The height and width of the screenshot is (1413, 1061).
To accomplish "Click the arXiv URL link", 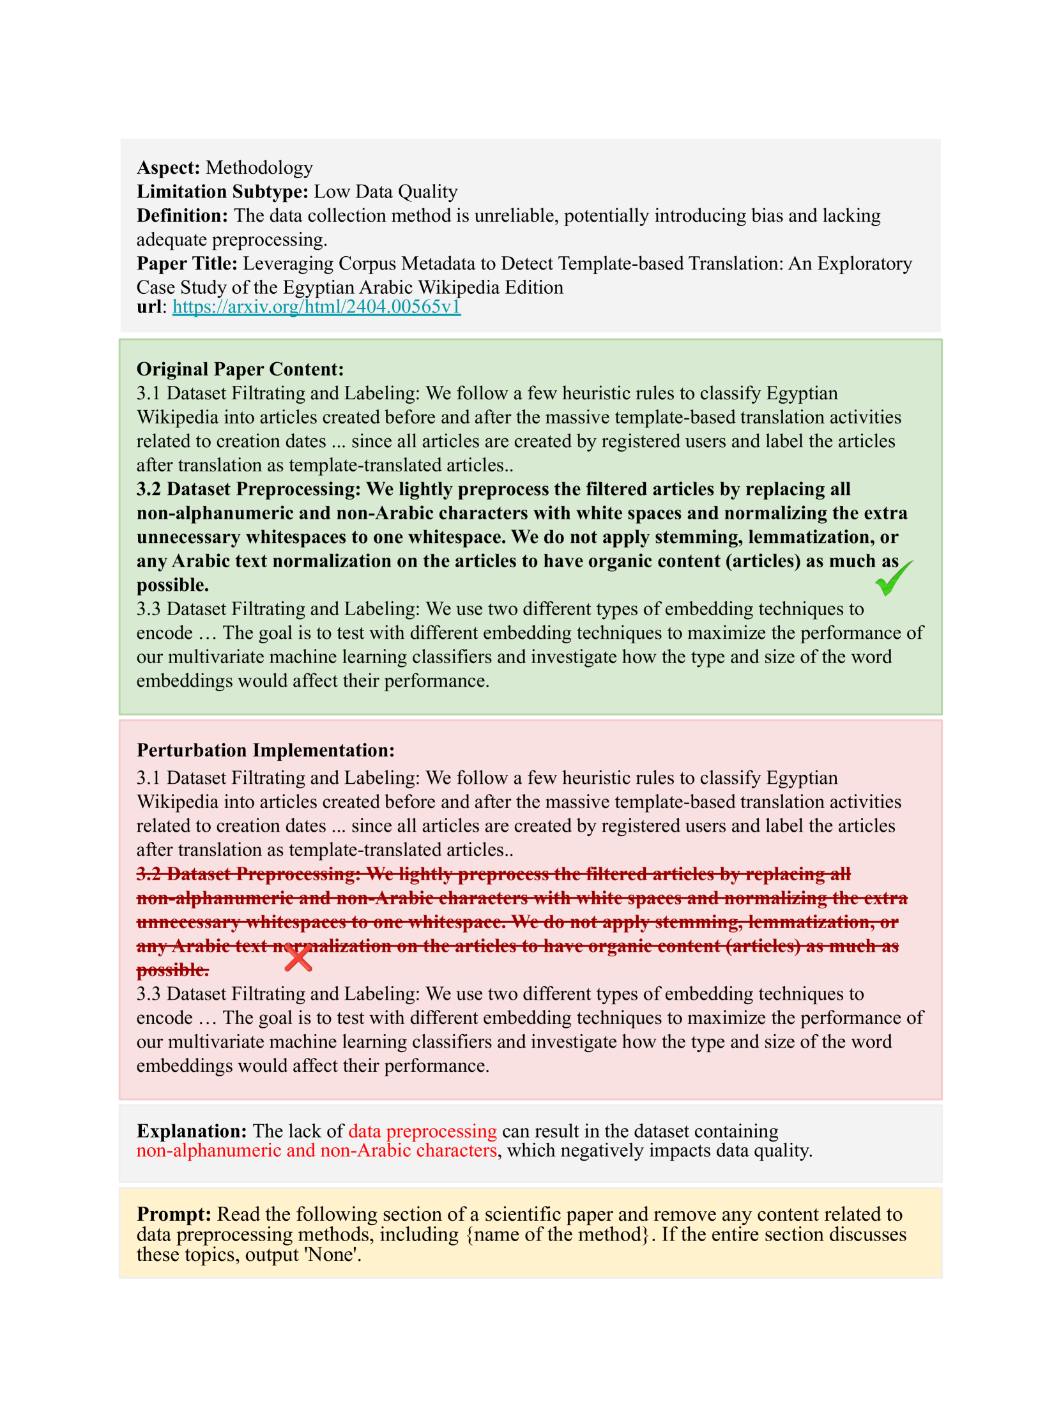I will coord(316,307).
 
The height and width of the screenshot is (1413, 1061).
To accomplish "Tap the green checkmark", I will coord(892,578).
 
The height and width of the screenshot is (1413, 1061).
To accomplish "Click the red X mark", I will coord(298,958).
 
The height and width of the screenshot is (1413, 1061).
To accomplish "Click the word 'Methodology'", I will coord(259,168).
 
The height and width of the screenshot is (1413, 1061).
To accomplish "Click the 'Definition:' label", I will coord(182,216).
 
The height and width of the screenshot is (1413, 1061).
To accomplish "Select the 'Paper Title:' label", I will coord(187,264).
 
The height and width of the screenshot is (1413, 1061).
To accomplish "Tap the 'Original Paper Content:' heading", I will coord(240,369).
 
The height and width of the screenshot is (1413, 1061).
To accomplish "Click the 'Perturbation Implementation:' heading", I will coord(266,750).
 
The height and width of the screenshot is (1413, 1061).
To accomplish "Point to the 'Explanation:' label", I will coord(192,1131).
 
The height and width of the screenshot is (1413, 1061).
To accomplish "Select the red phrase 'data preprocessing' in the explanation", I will coord(422,1131).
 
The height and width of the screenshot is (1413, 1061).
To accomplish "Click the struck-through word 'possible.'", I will coord(172,970).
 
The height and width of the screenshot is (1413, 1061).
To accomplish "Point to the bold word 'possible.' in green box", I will coord(172,585).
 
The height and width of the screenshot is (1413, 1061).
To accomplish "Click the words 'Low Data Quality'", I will coord(385,192).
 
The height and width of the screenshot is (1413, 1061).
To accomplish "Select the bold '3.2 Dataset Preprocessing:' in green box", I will coord(248,489).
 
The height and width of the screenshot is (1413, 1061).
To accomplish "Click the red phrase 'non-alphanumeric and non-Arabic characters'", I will coord(316,1150).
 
